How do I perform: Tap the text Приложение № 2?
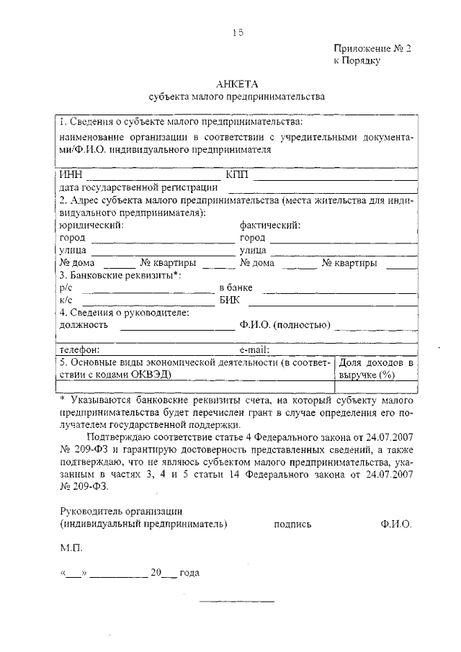[x=372, y=48]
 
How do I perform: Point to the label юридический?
[x=91, y=225]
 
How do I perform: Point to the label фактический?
[x=270, y=225]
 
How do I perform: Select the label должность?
[x=84, y=325]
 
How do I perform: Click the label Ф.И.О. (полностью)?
[x=285, y=325]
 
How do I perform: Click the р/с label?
[x=66, y=288]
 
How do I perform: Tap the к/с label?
[x=66, y=301]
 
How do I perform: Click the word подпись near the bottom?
[x=292, y=524]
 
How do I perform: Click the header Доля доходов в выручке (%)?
[x=376, y=369]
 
